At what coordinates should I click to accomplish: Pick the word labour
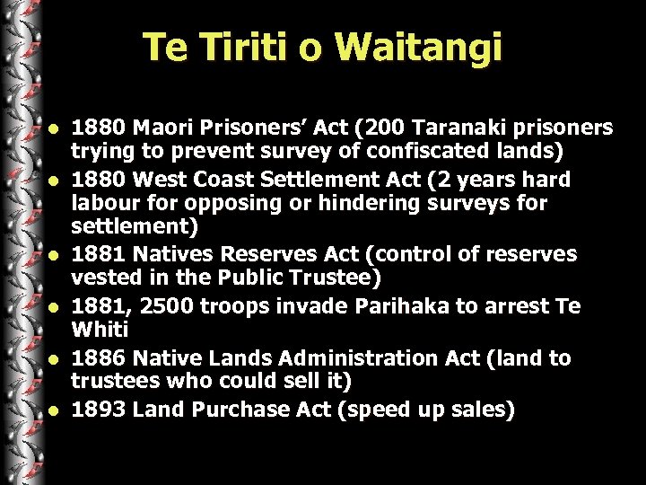pos(102,204)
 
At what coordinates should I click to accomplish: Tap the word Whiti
pos(99,332)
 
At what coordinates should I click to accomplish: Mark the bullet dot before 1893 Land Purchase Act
pos(55,411)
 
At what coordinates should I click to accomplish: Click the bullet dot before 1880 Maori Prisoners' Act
pos(55,126)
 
